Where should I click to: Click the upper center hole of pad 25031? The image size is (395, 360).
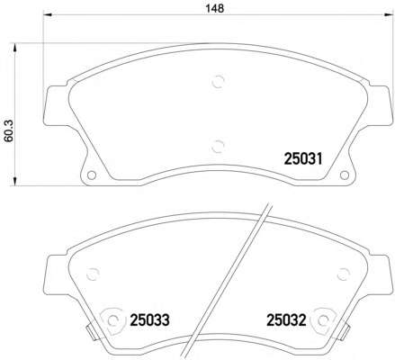point(216,84)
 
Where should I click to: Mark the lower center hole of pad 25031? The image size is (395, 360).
point(216,145)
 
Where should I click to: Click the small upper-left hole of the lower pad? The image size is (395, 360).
point(91,275)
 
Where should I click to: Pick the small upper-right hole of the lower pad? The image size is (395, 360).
point(340,275)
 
